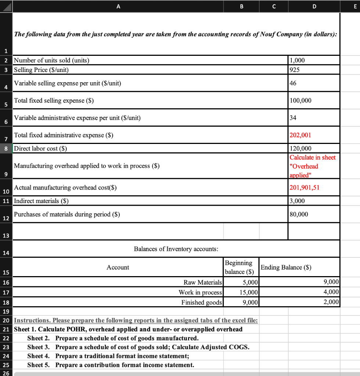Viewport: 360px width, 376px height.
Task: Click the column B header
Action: pyautogui.click(x=241, y=6)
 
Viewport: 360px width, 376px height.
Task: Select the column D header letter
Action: pyautogui.click(x=313, y=6)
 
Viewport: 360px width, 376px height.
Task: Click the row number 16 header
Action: pyautogui.click(x=6, y=282)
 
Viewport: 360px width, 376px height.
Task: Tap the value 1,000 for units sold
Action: pyautogui.click(x=298, y=60)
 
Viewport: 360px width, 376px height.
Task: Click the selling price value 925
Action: pyautogui.click(x=295, y=69)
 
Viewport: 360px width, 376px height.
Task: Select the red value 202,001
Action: pyautogui.click(x=300, y=135)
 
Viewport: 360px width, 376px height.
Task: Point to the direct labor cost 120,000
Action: pyautogui.click(x=300, y=148)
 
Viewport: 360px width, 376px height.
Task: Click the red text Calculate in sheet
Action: pyautogui.click(x=313, y=158)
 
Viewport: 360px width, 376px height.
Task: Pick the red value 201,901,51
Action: pyautogui.click(x=305, y=188)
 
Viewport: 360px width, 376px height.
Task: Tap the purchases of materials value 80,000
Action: pyautogui.click(x=299, y=214)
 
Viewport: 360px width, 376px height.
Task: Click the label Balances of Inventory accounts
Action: pyautogui.click(x=176, y=249)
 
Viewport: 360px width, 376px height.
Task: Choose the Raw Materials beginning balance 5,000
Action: pyautogui.click(x=251, y=282)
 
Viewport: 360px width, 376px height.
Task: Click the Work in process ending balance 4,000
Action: pyautogui.click(x=331, y=292)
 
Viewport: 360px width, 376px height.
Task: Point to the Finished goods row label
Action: pyautogui.click(x=202, y=302)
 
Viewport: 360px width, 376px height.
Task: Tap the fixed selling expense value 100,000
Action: pyautogui.click(x=300, y=101)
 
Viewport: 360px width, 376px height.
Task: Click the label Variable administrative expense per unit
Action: pyautogui.click(x=77, y=118)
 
